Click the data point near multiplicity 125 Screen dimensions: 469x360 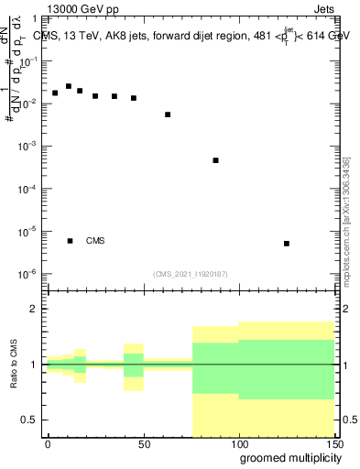point(287,244)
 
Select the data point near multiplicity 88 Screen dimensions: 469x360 point(215,160)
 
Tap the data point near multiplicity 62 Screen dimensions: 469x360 point(168,115)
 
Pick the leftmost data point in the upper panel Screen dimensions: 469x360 point(55,93)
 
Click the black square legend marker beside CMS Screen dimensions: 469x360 point(70,241)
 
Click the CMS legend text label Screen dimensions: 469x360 point(95,241)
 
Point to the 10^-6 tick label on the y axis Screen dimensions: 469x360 point(28,274)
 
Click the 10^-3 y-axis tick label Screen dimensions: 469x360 point(28,147)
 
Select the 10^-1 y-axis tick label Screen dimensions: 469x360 point(28,60)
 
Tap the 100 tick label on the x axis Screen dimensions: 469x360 point(239,443)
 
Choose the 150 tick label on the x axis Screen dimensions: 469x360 point(333,443)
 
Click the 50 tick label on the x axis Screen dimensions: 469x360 point(144,443)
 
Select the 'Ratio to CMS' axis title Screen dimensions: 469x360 point(14,365)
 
